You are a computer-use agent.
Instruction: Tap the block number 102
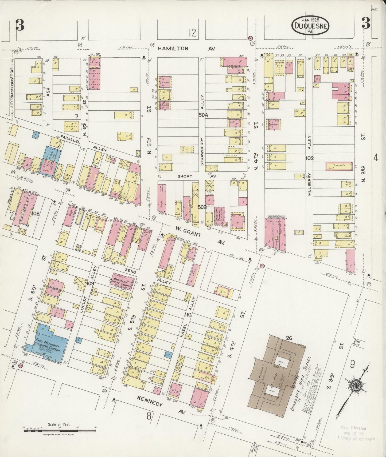(x=310, y=158)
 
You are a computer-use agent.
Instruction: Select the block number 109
(x=90, y=283)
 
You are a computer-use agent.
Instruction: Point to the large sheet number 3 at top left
(x=20, y=25)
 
